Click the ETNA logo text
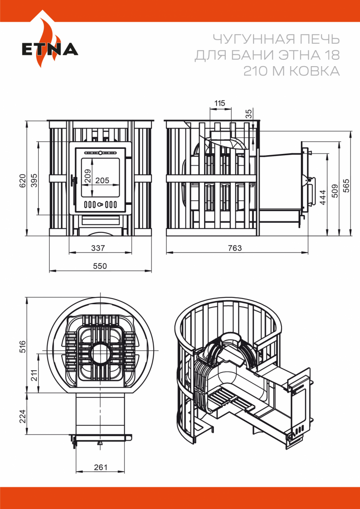click(50, 49)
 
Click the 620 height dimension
click(22, 181)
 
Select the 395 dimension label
click(34, 180)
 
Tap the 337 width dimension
click(98, 248)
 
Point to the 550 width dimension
click(100, 266)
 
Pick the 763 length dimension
click(235, 248)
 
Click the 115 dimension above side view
click(219, 103)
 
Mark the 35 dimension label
click(249, 114)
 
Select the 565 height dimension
click(346, 186)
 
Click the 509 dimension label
click(335, 190)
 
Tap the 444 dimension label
click(323, 197)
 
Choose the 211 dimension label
click(34, 376)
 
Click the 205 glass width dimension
click(102, 180)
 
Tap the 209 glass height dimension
click(88, 176)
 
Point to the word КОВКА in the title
click(315, 71)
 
